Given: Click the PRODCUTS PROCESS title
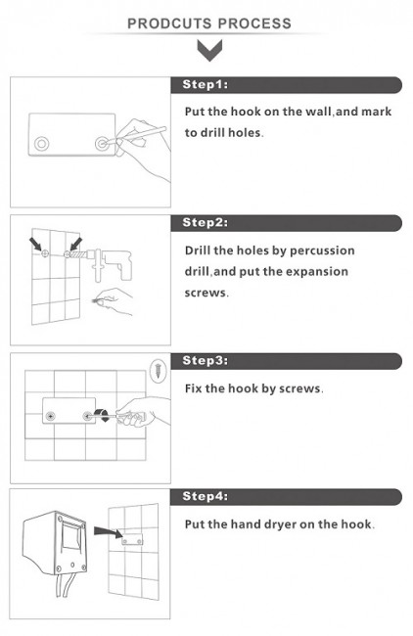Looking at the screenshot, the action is pos(209,23).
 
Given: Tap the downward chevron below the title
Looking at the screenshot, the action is pos(209,50).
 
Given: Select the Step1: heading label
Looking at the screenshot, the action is pos(206,84).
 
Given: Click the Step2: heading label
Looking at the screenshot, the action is pos(206,222).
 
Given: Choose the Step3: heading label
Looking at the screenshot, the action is pos(206,360).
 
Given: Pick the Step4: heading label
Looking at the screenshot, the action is pos(206,496).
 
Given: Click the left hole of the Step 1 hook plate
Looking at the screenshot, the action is pos(41,144).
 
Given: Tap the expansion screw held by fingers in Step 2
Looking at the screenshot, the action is pos(97,301).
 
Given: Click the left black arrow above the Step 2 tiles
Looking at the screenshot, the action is pos(36,245).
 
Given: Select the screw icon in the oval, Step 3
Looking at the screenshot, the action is pos(158,370).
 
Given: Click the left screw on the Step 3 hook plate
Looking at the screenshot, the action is pos(51,416).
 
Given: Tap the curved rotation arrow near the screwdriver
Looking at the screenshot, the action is pos(102,415).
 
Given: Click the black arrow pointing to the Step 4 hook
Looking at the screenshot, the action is pos(108,531).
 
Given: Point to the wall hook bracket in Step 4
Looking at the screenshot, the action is pos(132,540).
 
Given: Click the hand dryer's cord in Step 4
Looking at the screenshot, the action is pos(65,585).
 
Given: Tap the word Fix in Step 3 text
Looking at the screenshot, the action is pos(193,388).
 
